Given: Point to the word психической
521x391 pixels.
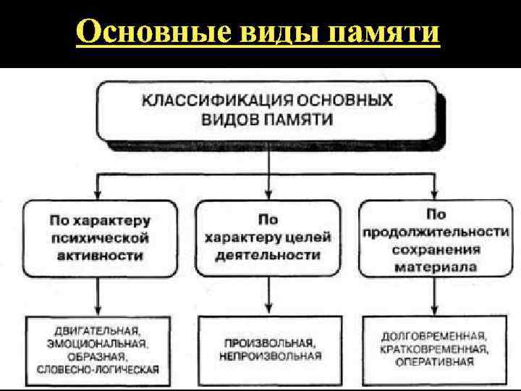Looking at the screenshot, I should pos(99,237).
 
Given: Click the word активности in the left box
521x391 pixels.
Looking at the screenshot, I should pos(100,255).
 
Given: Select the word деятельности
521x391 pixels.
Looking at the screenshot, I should pos(269,255).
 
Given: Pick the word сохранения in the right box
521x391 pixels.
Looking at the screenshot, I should pos(436,249).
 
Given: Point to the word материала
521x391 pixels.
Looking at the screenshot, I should pos(436,266).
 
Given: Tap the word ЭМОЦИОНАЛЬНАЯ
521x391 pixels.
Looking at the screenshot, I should pos(97,344).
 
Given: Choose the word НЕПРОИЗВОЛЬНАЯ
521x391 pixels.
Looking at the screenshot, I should pos(269,356).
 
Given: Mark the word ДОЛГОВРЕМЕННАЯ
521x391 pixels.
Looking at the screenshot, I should pos(434,337).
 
